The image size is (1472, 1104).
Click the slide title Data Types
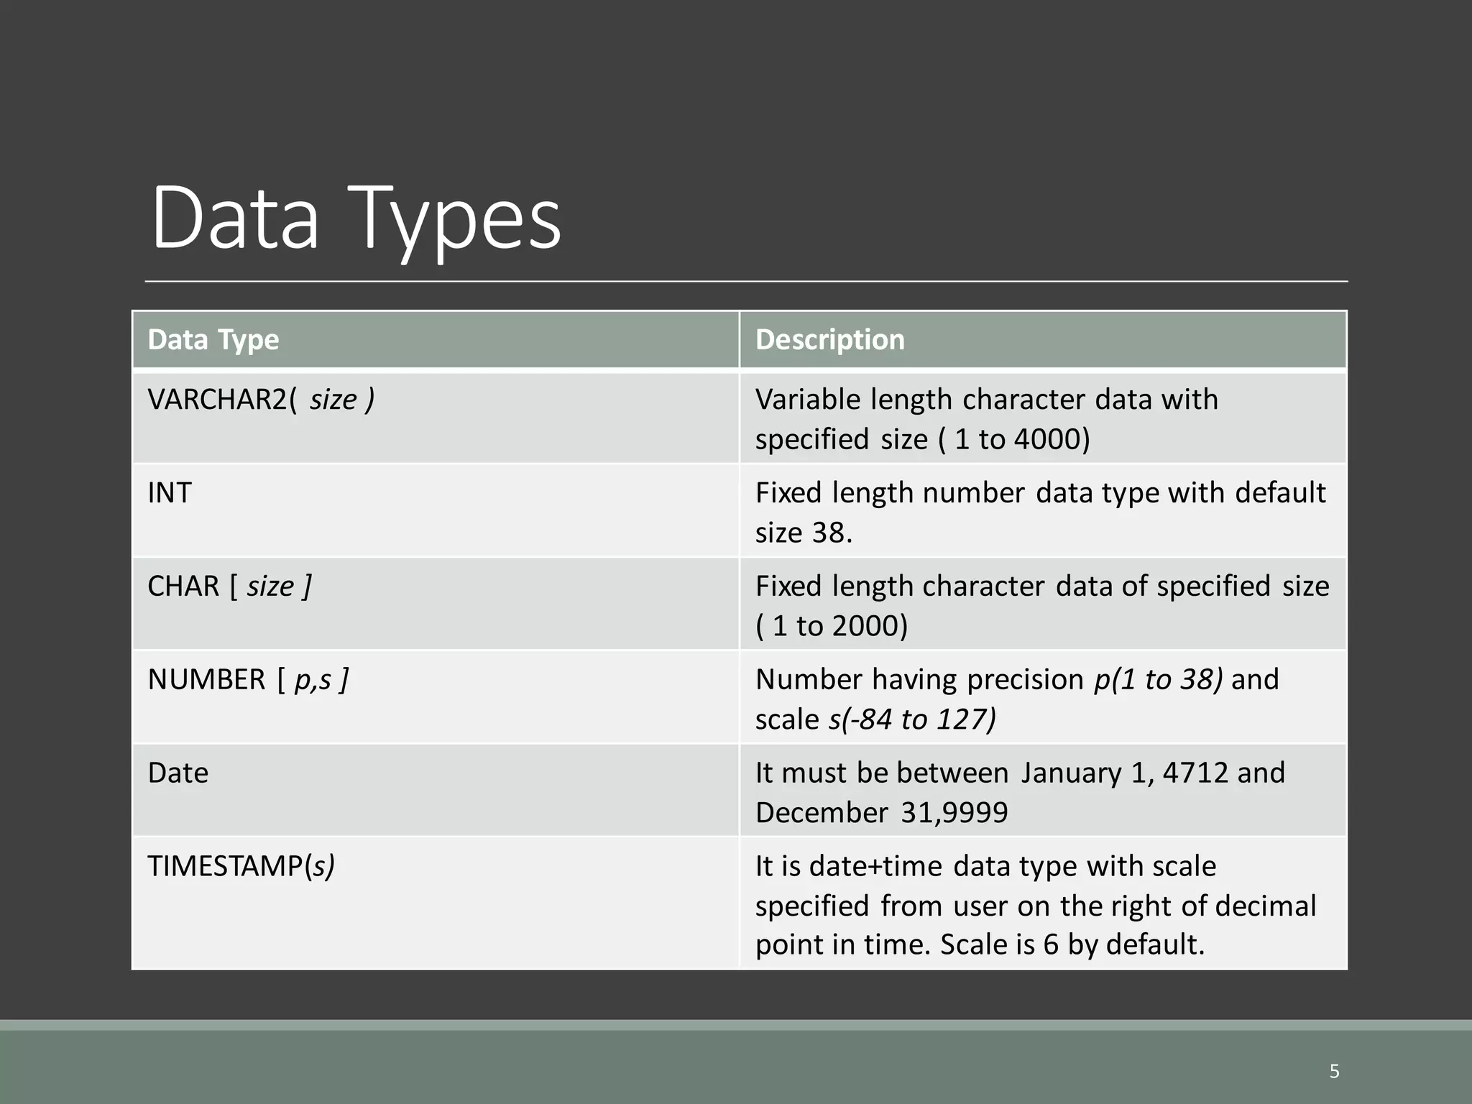point(356,218)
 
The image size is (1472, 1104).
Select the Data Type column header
point(213,339)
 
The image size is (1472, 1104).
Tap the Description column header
point(829,339)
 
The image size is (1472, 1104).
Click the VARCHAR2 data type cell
point(260,400)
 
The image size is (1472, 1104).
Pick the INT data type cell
point(170,493)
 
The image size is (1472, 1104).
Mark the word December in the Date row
point(822,813)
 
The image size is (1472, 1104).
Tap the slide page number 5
point(1335,1072)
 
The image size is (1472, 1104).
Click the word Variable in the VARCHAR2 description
point(807,400)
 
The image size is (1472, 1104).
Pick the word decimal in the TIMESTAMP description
point(1265,906)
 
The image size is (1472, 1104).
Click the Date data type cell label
point(178,773)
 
